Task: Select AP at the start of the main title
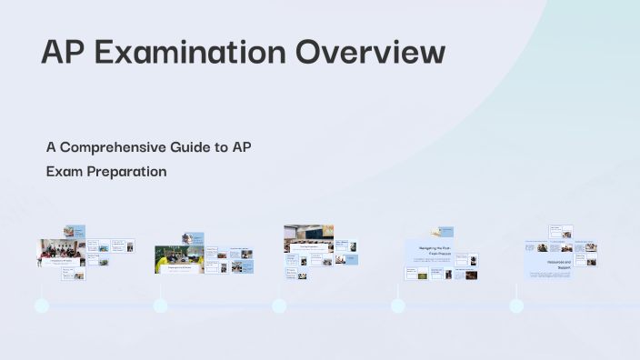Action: point(62,52)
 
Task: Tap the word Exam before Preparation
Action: point(64,170)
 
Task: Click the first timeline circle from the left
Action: point(42,305)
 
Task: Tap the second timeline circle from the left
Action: point(161,305)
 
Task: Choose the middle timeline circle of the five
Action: point(279,305)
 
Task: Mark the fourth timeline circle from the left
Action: point(398,305)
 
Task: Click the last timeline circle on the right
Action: point(516,305)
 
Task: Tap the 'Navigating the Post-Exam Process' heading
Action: point(432,251)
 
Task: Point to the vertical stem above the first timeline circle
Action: point(42,289)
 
